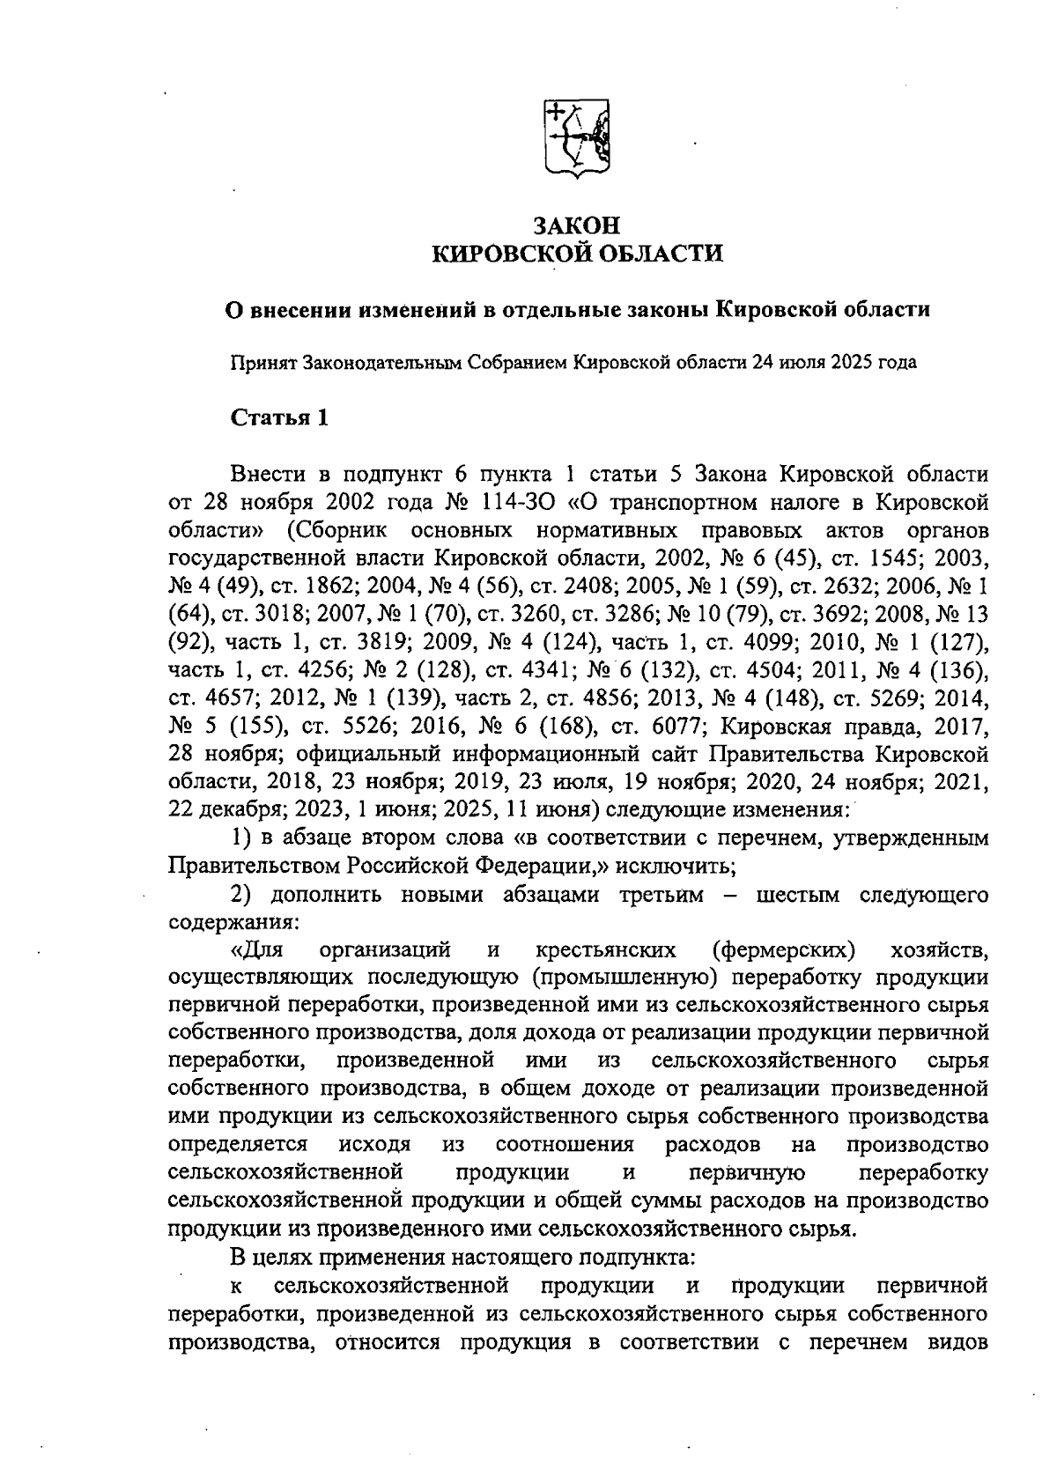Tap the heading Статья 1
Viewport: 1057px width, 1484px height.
coord(279,417)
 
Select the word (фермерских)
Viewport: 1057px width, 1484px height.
coord(783,950)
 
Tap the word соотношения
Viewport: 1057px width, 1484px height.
coord(565,1145)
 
